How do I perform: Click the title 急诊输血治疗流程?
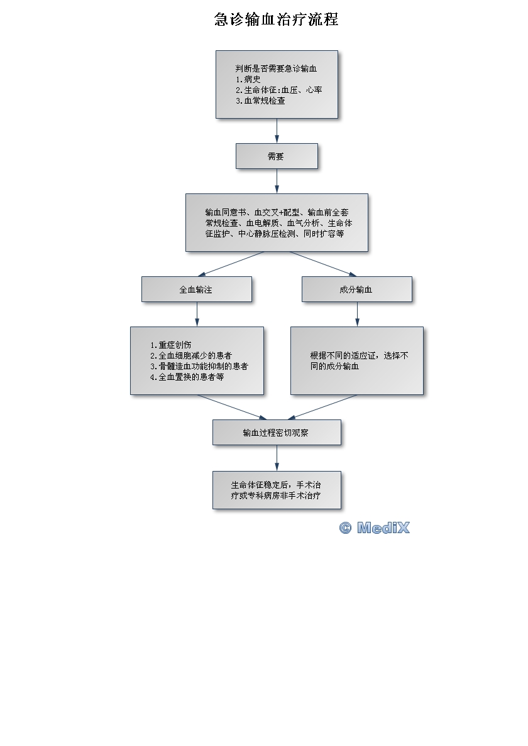pos(277,19)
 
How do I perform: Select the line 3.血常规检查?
pos(260,100)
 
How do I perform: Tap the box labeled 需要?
pos(277,156)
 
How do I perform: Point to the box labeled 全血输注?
pos(197,289)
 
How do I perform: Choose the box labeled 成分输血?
pos(356,289)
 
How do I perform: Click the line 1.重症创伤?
pos(171,345)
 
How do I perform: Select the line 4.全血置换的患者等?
pos(187,377)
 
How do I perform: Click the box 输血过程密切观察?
pos(277,433)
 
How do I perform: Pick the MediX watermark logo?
pos(375,528)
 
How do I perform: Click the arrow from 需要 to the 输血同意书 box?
pos(277,181)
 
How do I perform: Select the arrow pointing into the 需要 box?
pos(277,131)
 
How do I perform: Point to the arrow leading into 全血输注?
pos(231,264)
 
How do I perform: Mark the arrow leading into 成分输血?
pos(322,264)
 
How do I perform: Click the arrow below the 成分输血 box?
pos(357,314)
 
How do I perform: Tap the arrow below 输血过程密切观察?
pos(277,458)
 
